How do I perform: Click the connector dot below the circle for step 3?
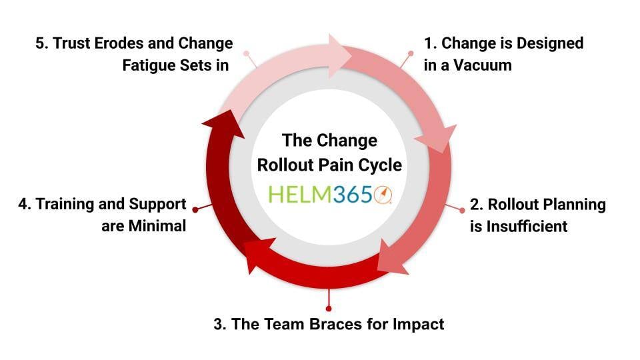[329, 309]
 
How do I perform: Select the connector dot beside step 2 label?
[463, 209]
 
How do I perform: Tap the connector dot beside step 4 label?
[195, 209]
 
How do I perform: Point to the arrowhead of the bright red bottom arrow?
[255, 256]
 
